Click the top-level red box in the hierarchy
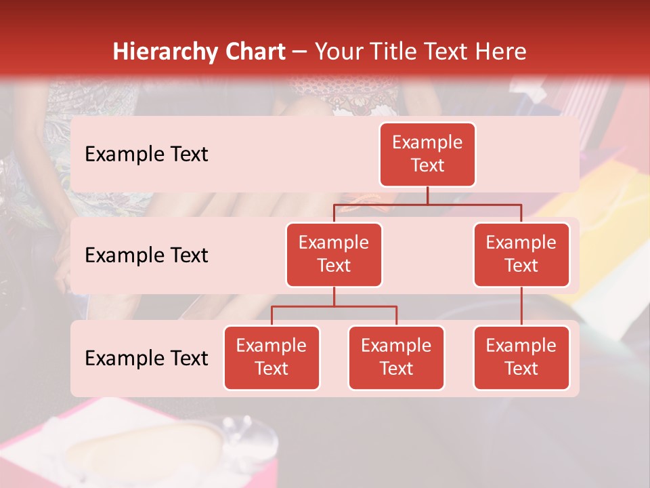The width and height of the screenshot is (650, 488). [x=427, y=154]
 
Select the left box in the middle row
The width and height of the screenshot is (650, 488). [x=334, y=254]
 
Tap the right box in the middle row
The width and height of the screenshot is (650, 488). [x=521, y=254]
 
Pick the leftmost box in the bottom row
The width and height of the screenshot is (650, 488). [x=272, y=357]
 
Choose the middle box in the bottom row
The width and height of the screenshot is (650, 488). [x=396, y=357]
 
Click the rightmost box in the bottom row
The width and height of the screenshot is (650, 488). [x=521, y=357]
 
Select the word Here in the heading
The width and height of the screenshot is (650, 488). [x=500, y=52]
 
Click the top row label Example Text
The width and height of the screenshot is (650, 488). [x=146, y=154]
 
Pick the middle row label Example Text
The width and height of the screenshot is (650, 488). [x=146, y=255]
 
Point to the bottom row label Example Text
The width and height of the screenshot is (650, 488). [x=146, y=358]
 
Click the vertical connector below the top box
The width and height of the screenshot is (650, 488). [x=427, y=195]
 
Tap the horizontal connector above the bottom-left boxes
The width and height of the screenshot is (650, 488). [x=334, y=306]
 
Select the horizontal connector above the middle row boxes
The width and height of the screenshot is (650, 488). [x=427, y=204]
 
